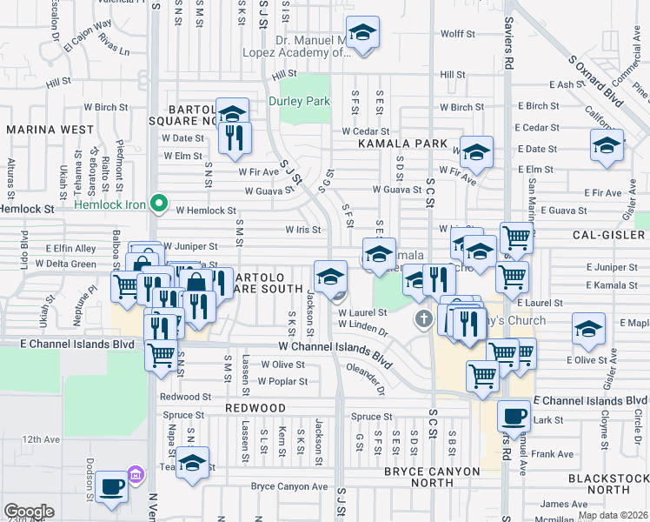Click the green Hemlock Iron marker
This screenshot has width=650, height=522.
pyautogui.click(x=158, y=204)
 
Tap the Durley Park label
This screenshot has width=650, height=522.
pyautogui.click(x=300, y=101)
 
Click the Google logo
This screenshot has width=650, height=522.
pyautogui.click(x=29, y=512)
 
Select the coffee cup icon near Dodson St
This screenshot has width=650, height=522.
pyautogui.click(x=112, y=487)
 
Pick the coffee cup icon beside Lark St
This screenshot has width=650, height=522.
pyautogui.click(x=514, y=416)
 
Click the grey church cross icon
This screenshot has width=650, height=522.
pyautogui.click(x=423, y=318)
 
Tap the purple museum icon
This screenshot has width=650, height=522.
pyautogui.click(x=136, y=475)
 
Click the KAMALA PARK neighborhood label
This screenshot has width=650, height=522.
pyautogui.click(x=407, y=144)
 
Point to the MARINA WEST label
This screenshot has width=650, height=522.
pyautogui.click(x=50, y=129)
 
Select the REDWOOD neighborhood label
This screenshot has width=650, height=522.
pyautogui.click(x=255, y=408)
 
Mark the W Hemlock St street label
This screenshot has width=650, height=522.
pyautogui.click(x=206, y=211)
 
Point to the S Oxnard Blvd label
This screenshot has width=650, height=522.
pyautogui.click(x=595, y=82)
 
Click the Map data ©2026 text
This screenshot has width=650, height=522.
pyautogui.click(x=614, y=515)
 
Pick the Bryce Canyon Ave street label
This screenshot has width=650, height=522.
pyautogui.click(x=289, y=487)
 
